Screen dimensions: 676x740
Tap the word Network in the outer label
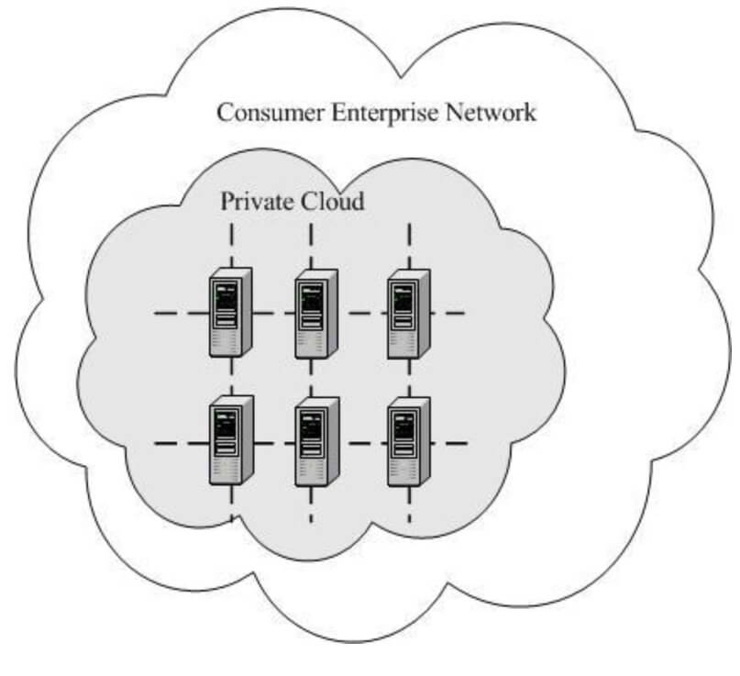(491, 114)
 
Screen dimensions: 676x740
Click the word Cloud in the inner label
(334, 201)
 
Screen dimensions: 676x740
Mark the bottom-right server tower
(407, 442)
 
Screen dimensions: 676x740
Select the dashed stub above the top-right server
(408, 243)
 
